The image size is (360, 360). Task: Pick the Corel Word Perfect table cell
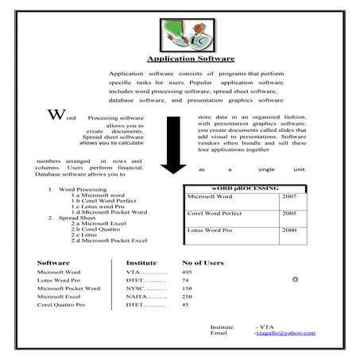click(215, 214)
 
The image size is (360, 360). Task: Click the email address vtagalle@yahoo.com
click(285, 333)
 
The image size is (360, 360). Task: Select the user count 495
click(188, 272)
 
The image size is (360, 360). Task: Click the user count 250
click(188, 296)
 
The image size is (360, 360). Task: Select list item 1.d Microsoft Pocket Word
click(109, 212)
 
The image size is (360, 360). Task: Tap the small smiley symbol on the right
click(295, 280)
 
